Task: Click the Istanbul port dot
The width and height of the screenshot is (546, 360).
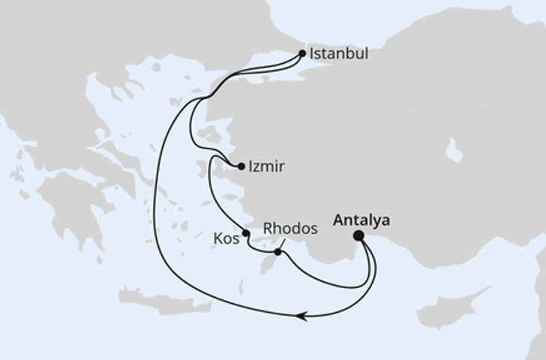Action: [302, 53]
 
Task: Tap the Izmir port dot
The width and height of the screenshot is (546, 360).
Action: [241, 166]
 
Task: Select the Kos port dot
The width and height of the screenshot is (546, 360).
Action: [246, 233]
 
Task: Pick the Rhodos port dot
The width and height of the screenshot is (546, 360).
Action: [278, 252]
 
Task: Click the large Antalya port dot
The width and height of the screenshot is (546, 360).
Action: [358, 235]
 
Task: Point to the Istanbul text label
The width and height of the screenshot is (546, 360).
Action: [339, 55]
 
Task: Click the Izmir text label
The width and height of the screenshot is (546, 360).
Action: [267, 166]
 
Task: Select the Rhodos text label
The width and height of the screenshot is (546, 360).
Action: [290, 228]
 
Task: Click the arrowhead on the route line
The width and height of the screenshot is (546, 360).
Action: [301, 316]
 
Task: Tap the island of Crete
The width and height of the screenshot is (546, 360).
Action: [161, 301]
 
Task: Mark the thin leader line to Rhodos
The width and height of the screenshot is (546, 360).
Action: [283, 244]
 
